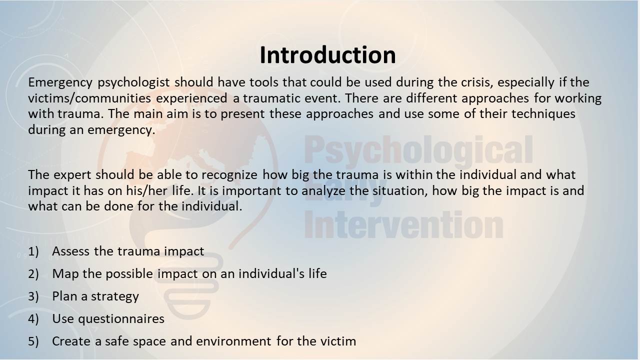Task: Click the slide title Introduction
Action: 327,55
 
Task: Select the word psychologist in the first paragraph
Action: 133,83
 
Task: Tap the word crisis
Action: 477,82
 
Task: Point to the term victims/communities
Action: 89,98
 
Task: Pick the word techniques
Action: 543,114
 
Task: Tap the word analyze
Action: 323,191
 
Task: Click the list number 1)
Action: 33,251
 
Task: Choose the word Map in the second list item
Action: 65,274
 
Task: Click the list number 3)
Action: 33,296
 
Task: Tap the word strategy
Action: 115,296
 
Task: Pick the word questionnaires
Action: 121,319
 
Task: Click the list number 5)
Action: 33,341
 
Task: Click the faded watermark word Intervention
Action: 403,225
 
